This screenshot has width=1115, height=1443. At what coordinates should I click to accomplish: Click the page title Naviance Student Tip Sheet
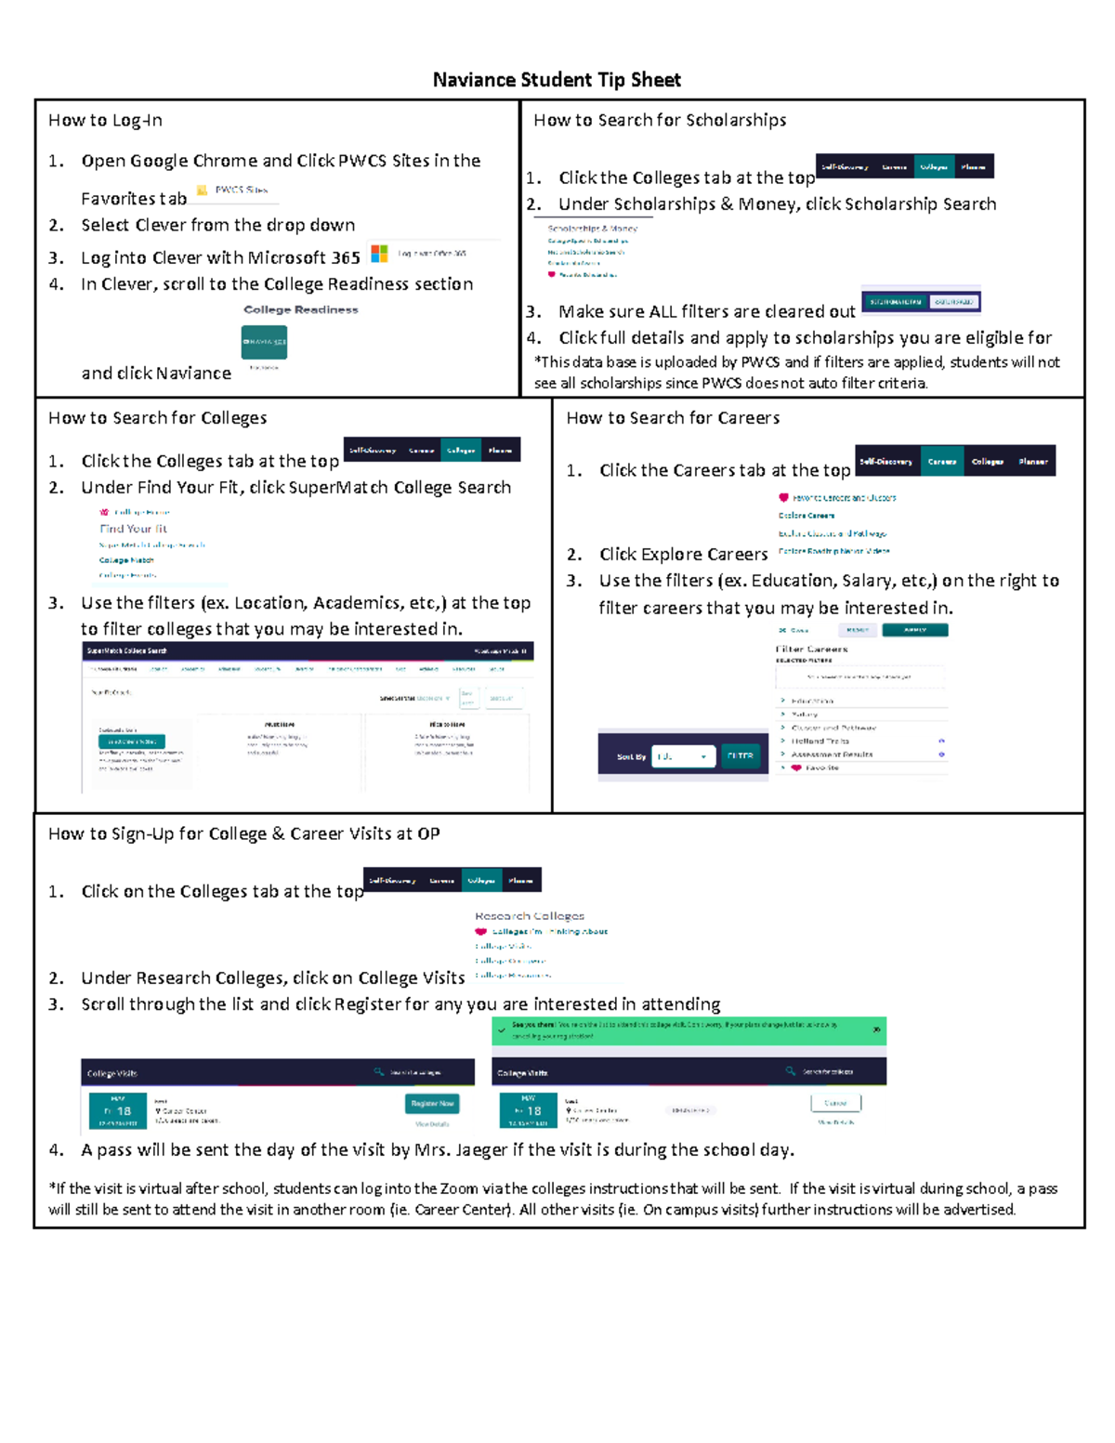pos(557,80)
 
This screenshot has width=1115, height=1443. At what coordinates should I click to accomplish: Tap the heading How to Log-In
pos(105,121)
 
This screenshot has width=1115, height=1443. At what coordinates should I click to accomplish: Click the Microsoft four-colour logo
pos(379,253)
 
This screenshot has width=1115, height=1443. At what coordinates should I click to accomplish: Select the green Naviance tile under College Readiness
pos(264,342)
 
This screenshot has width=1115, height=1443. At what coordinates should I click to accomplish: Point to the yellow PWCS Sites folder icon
pos(202,190)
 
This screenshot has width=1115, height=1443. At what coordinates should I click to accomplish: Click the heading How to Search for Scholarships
pos(660,121)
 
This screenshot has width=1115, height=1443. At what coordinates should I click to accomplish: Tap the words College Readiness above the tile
pos(300,309)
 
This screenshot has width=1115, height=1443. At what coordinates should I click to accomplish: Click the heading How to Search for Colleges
pos(157,418)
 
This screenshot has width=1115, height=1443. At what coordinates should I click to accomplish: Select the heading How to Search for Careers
pos(673,418)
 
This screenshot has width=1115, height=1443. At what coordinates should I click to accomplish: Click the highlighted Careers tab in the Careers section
pos(941,461)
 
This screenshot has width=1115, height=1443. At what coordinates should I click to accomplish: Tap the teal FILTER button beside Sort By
pos(741,756)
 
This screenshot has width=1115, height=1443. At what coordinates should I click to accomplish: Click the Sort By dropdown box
pos(683,756)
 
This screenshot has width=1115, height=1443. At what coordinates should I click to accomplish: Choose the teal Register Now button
pos(432,1103)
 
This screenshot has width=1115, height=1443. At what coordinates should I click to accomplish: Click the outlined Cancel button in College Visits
pos(835,1103)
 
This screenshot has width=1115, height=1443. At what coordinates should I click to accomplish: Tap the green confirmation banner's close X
pos(876,1030)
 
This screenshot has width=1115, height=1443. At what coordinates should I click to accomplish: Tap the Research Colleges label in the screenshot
pos(530,916)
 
